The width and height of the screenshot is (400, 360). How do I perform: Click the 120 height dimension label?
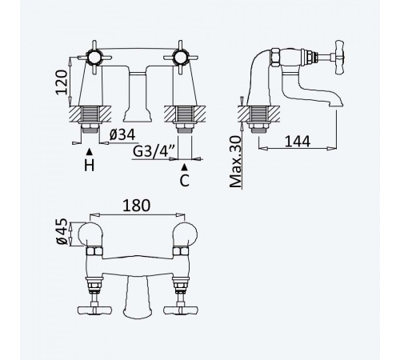point(62,82)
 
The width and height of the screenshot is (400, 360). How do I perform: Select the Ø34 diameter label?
point(122,135)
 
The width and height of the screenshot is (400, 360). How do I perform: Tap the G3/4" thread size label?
point(154,151)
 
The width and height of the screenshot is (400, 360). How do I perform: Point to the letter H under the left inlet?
point(90,166)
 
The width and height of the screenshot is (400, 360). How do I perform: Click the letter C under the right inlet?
point(184,181)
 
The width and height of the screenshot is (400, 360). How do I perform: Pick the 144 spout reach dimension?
point(298,142)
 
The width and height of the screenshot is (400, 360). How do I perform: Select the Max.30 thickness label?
point(236,162)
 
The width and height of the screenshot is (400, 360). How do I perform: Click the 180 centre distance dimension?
point(136,206)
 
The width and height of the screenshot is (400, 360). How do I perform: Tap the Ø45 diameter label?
point(61,231)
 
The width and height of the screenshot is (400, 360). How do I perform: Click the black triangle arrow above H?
point(90,152)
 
